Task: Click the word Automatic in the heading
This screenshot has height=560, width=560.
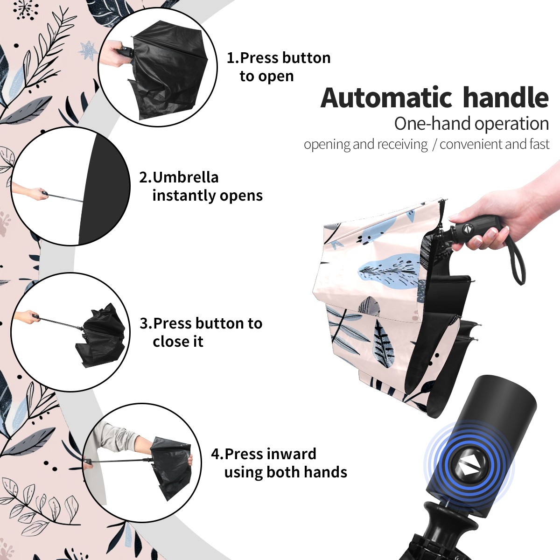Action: (x=386, y=98)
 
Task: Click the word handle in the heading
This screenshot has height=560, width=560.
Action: (x=505, y=97)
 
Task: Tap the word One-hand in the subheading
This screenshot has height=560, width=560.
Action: (x=433, y=124)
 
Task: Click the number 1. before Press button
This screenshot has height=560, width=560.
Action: (x=232, y=58)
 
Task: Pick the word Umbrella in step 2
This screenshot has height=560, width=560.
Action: (x=185, y=177)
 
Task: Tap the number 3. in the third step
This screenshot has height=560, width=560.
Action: (x=146, y=323)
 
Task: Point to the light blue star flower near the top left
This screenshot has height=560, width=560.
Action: (x=88, y=51)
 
